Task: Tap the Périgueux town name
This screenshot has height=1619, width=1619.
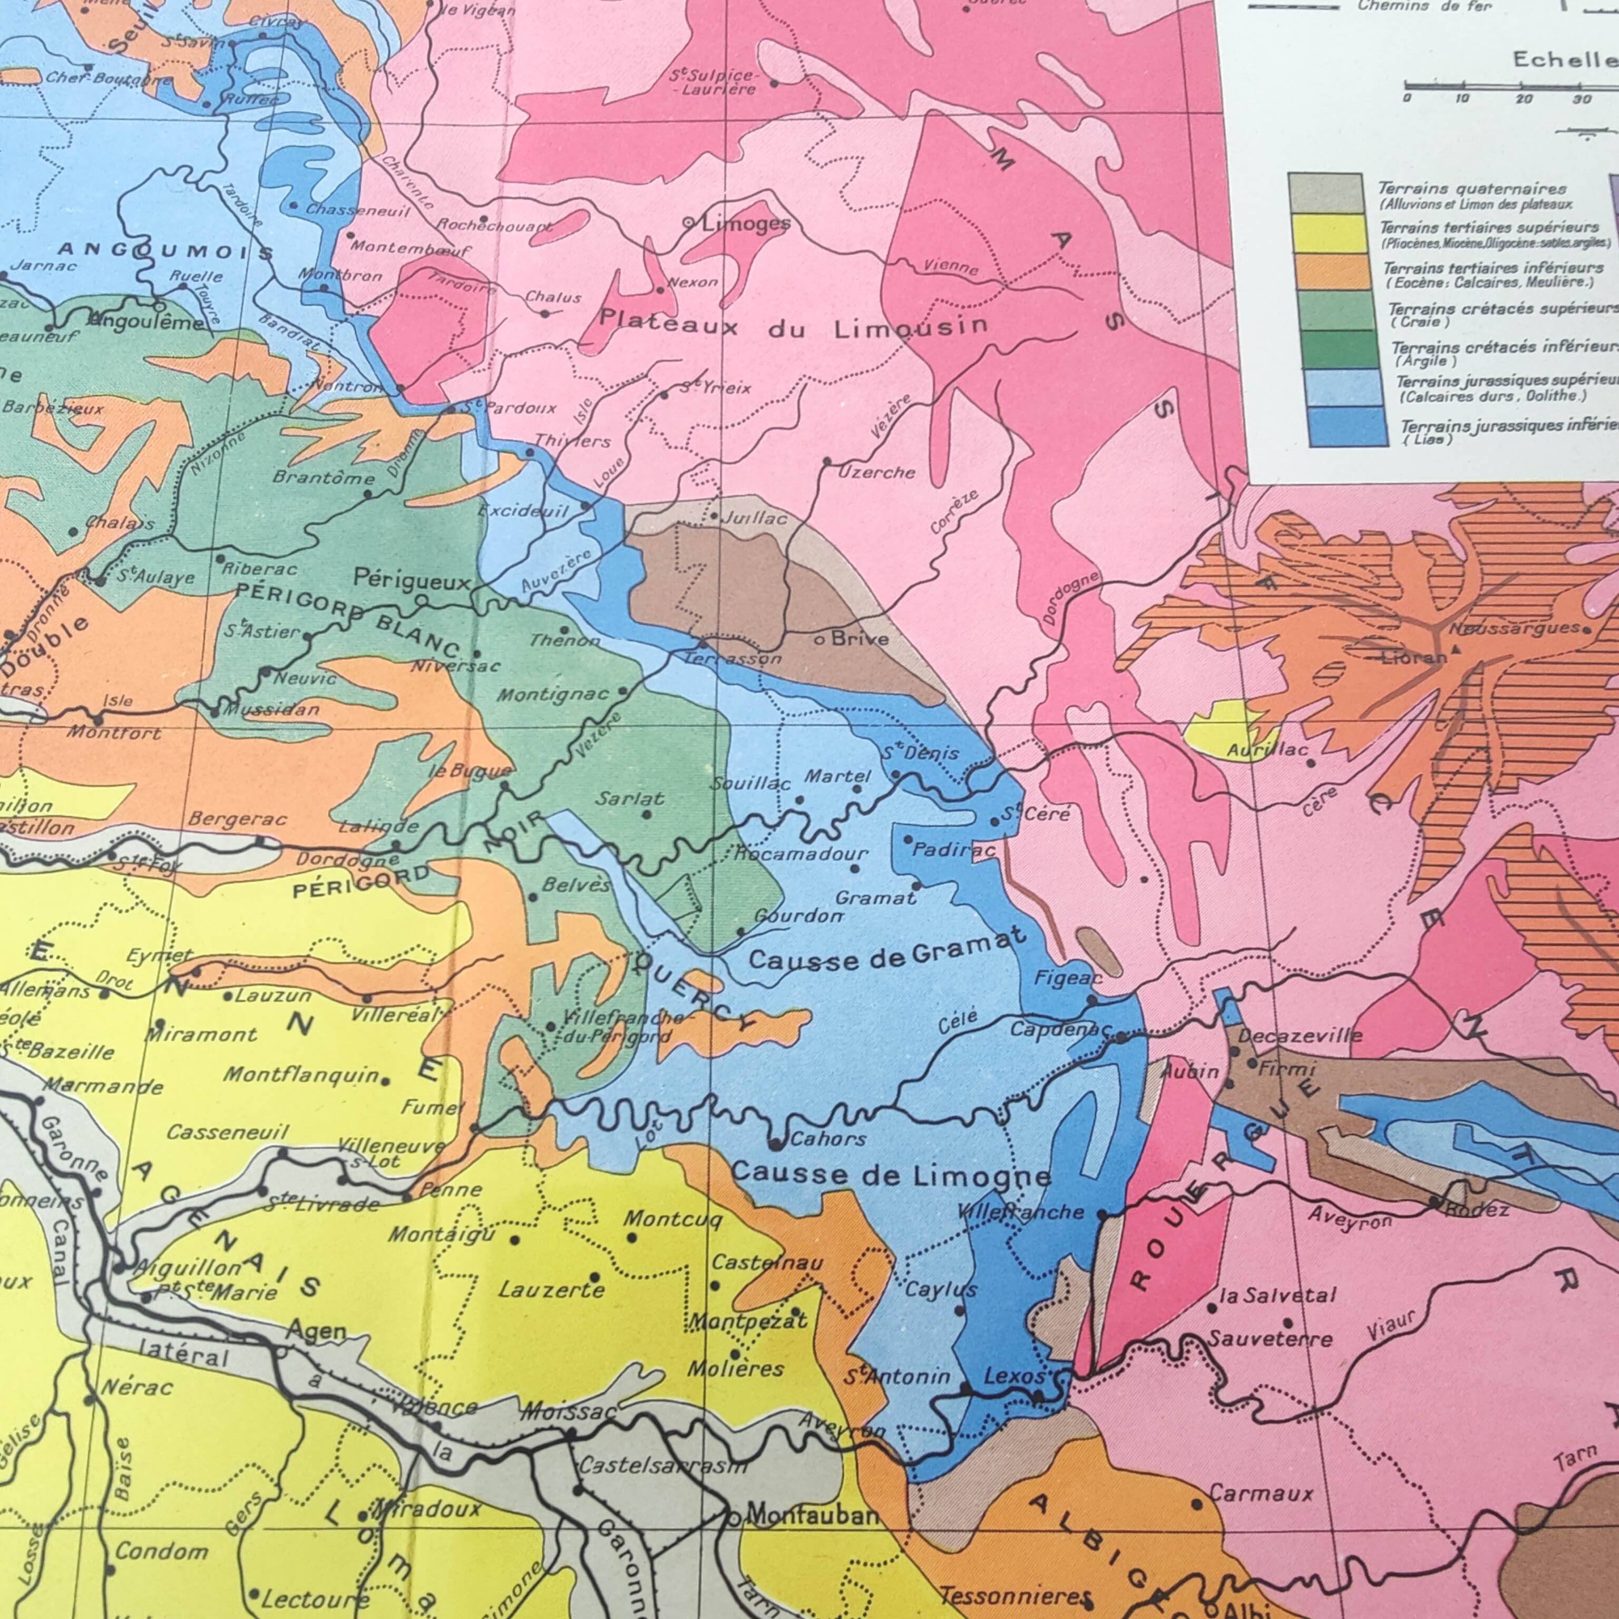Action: [412, 578]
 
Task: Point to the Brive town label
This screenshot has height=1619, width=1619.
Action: [860, 639]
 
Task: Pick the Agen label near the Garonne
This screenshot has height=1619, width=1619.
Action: [316, 1331]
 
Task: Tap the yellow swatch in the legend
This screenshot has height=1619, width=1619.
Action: [1333, 234]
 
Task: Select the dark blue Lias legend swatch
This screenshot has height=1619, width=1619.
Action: [1348, 426]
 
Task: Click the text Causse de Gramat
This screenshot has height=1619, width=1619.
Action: [886, 950]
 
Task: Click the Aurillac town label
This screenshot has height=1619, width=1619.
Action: [1267, 750]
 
